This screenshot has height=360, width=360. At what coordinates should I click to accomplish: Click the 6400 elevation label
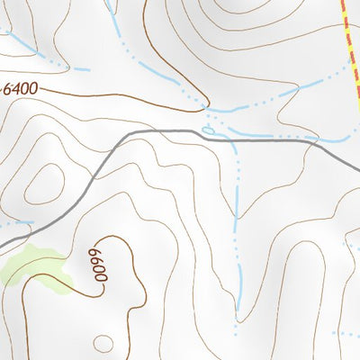(x=23, y=88)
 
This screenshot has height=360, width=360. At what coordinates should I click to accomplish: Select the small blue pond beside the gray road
(x=209, y=131)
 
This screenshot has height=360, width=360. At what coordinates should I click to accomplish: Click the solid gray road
(x=252, y=139)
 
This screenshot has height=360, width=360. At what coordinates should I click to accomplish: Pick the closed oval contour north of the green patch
(x=40, y=185)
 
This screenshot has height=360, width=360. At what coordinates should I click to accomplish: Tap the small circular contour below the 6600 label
(x=104, y=344)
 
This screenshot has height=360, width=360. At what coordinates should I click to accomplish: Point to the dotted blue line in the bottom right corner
(x=346, y=334)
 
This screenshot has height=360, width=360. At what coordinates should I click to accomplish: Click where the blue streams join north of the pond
(x=210, y=112)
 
